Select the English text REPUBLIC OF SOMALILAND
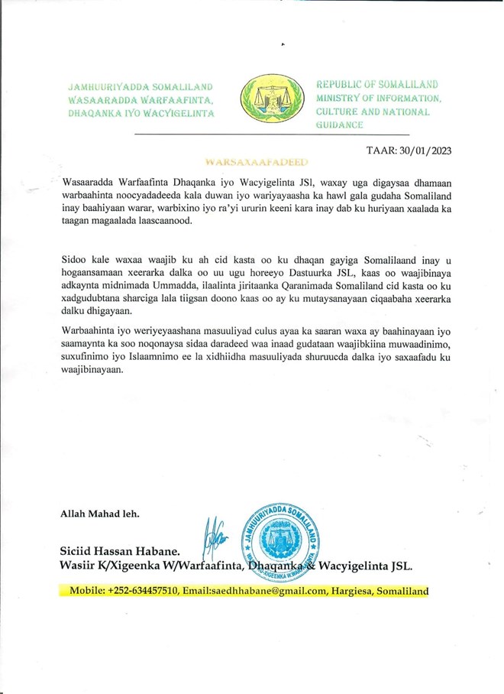(378, 85)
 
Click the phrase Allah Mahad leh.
(100, 514)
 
